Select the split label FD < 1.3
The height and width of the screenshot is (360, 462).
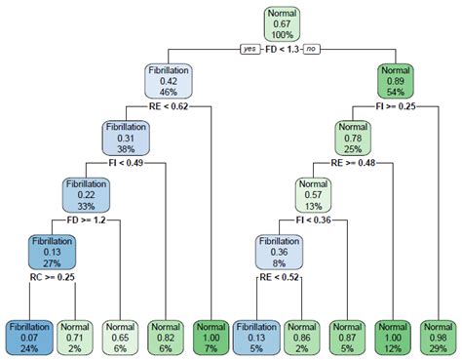283,49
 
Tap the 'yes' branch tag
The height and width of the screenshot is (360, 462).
249,49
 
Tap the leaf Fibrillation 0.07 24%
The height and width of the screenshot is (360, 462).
28,335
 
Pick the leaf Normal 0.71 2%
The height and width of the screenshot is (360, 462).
74,335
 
